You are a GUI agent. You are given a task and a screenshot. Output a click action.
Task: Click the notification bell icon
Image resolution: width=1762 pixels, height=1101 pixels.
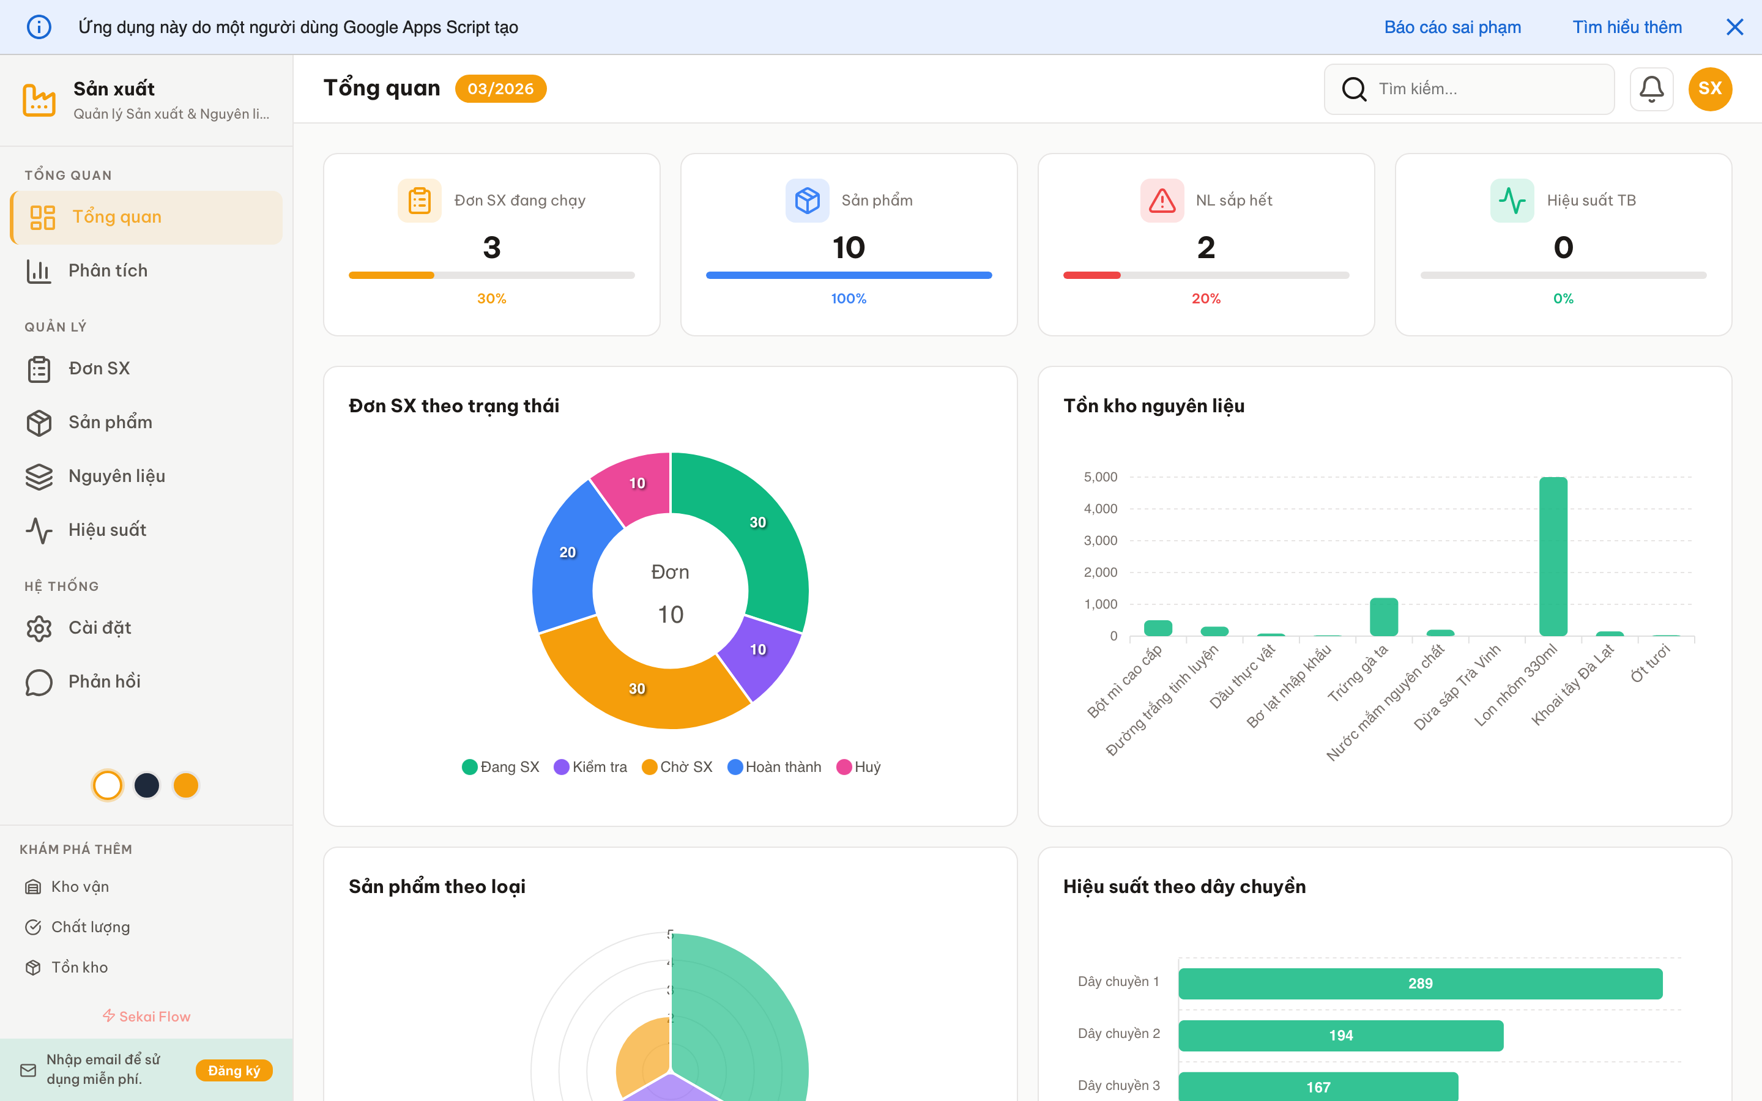click(1651, 89)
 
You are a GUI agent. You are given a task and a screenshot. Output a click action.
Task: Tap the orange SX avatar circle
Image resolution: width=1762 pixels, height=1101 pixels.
click(1709, 89)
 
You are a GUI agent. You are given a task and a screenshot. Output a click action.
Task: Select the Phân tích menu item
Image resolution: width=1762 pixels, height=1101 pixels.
click(108, 271)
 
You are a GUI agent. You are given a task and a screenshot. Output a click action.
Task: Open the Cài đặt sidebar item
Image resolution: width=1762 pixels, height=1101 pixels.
click(100, 628)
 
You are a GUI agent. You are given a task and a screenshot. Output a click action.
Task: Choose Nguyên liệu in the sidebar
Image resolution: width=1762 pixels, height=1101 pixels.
click(116, 476)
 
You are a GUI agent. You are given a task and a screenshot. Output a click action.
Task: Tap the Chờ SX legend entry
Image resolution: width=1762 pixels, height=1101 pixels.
click(678, 767)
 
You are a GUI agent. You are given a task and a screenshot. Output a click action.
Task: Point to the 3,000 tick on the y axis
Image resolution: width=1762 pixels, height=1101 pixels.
click(1100, 540)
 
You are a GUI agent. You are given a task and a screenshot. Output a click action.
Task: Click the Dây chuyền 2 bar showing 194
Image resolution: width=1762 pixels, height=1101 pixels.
click(1340, 1035)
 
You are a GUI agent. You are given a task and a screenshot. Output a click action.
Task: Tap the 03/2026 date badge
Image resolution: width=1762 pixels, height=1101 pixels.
click(500, 89)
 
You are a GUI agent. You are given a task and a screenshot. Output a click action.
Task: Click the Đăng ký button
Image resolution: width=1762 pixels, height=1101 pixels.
click(234, 1070)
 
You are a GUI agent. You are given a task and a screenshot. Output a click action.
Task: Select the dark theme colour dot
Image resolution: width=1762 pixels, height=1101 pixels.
click(146, 785)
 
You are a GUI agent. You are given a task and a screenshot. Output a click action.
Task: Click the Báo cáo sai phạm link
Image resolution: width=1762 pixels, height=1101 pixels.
click(1452, 27)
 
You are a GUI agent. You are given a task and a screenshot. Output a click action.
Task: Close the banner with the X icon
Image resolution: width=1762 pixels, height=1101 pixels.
click(1734, 27)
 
